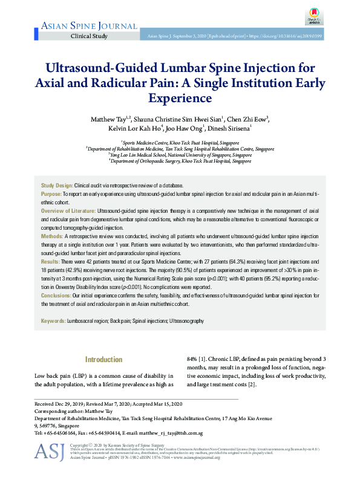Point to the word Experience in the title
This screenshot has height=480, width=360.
click(180, 97)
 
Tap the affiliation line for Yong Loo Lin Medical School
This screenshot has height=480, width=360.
click(180, 154)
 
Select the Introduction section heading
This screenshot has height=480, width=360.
click(104, 360)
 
